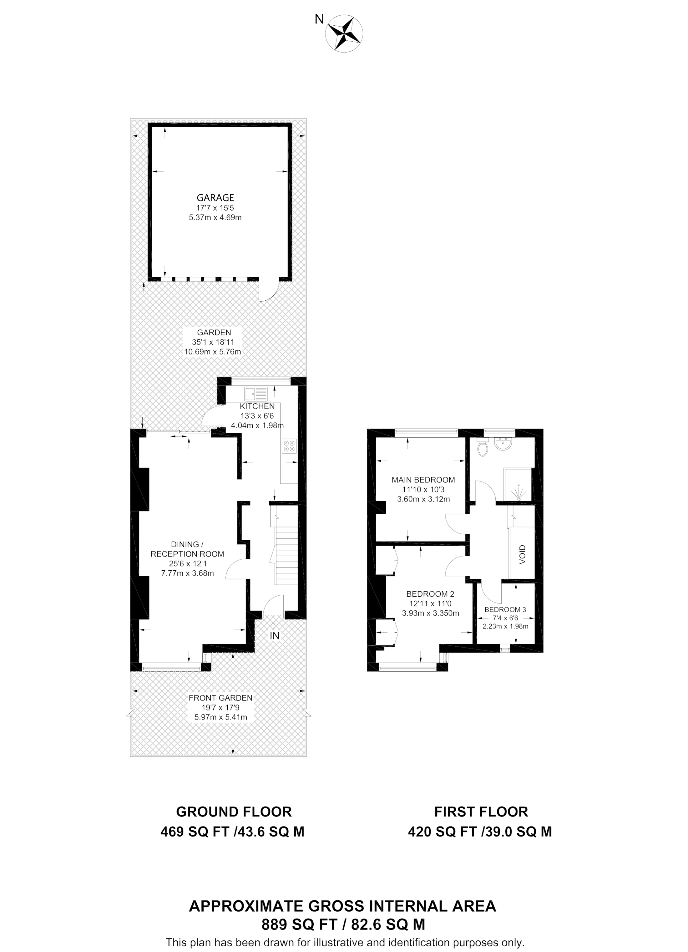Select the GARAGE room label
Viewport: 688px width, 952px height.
pyautogui.click(x=215, y=198)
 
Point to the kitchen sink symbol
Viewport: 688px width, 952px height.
pyautogui.click(x=256, y=394)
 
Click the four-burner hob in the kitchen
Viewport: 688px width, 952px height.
pyautogui.click(x=289, y=446)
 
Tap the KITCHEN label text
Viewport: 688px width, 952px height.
pyautogui.click(x=257, y=406)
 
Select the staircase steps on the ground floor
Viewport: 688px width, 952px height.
pyautogui.click(x=286, y=556)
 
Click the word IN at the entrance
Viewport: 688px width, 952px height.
pyautogui.click(x=274, y=636)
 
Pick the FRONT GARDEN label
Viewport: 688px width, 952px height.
pyautogui.click(x=220, y=698)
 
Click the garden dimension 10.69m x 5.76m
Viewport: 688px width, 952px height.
pyautogui.click(x=213, y=352)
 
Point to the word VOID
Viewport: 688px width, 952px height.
pyautogui.click(x=522, y=554)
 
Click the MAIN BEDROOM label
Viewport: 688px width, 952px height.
pyautogui.click(x=423, y=480)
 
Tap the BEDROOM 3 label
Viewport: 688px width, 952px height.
pyautogui.click(x=505, y=609)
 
